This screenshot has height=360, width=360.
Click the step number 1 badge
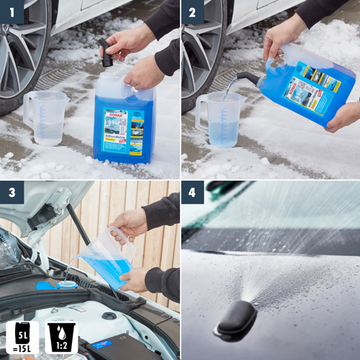coord(13,13)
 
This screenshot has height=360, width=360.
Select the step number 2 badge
coord(193,13)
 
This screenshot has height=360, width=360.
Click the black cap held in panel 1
coord(107,55)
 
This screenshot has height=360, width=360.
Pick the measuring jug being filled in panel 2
coord(220,119)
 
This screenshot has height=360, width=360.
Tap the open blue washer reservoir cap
coord(46,283)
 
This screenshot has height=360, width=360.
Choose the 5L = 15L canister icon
coord(21,338)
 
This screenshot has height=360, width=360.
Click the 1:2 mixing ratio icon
coord(62,338)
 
